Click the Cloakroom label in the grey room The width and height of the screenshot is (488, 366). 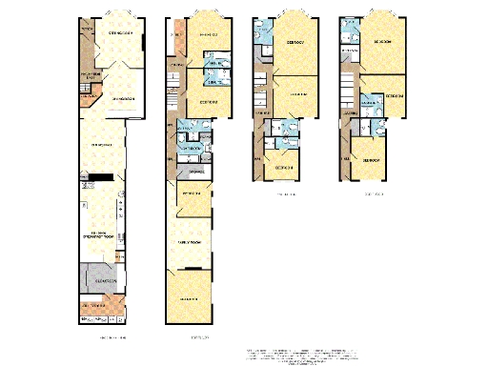pos(105,282)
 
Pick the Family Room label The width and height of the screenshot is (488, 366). pos(186,244)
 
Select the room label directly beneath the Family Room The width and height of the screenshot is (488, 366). pos(189,300)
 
